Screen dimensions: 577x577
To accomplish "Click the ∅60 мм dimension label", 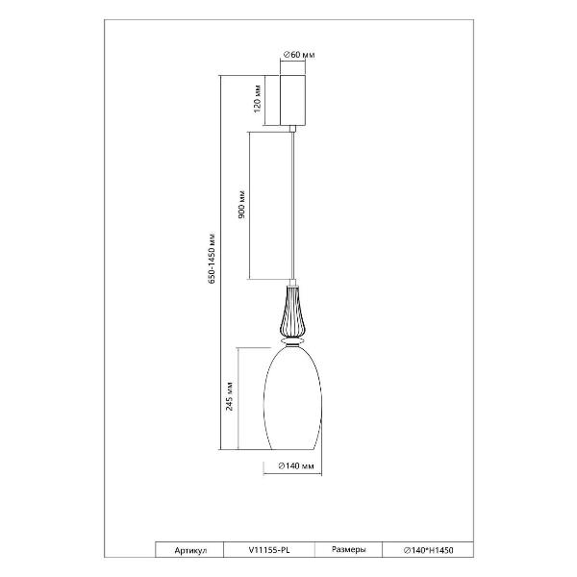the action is tap(299, 55).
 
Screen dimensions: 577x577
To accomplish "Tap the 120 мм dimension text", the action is tap(258, 99).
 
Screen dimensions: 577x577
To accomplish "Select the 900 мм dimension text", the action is tap(241, 205).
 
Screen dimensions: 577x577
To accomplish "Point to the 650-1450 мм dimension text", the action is tap(212, 258).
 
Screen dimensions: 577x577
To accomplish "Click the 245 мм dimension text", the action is tap(229, 396).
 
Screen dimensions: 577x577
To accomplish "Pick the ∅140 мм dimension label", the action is tap(296, 465).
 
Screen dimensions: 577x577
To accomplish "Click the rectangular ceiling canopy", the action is tap(292, 100).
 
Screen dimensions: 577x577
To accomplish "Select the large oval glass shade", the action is tap(292, 398).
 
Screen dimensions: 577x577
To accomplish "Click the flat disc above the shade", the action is tap(292, 341).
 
